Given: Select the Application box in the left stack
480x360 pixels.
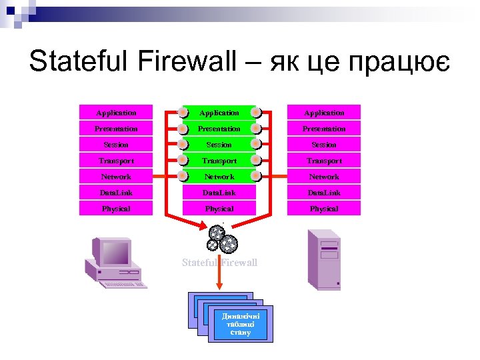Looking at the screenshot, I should pyautogui.click(x=116, y=113).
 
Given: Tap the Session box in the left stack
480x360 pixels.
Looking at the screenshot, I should pyautogui.click(x=116, y=145).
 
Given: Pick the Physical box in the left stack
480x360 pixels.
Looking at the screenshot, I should pyautogui.click(x=116, y=209).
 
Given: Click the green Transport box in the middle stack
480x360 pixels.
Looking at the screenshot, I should pyautogui.click(x=219, y=161).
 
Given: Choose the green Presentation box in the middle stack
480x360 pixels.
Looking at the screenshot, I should pyautogui.click(x=219, y=129).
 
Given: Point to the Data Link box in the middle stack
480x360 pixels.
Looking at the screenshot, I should pyautogui.click(x=219, y=193).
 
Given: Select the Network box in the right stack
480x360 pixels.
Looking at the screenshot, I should pyautogui.click(x=324, y=177).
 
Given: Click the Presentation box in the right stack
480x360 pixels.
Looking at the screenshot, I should pyautogui.click(x=324, y=129).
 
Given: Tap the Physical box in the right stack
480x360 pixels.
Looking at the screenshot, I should pyautogui.click(x=324, y=209).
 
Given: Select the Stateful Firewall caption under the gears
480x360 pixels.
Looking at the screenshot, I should pyautogui.click(x=219, y=263).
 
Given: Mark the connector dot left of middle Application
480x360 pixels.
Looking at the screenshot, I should pyautogui.click(x=182, y=113).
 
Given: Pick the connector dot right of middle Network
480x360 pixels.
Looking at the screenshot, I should pyautogui.click(x=256, y=177).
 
